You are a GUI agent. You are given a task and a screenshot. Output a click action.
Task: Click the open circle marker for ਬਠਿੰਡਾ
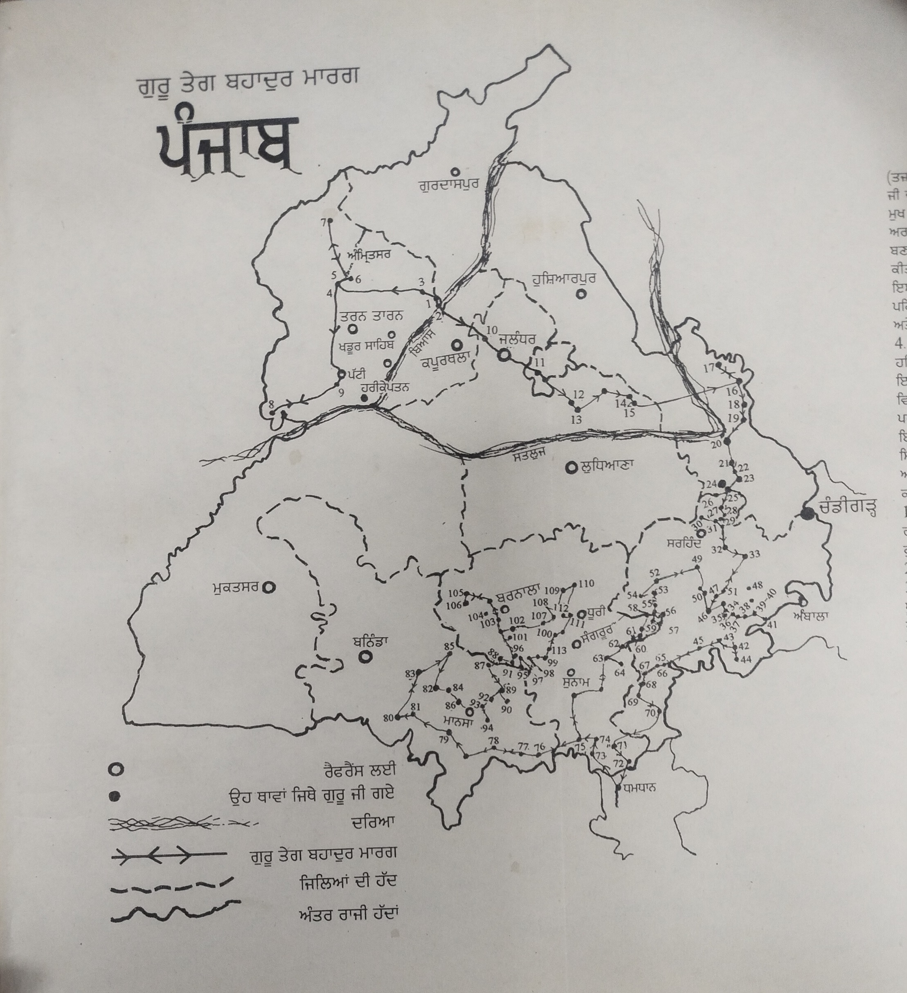coord(365,656)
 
